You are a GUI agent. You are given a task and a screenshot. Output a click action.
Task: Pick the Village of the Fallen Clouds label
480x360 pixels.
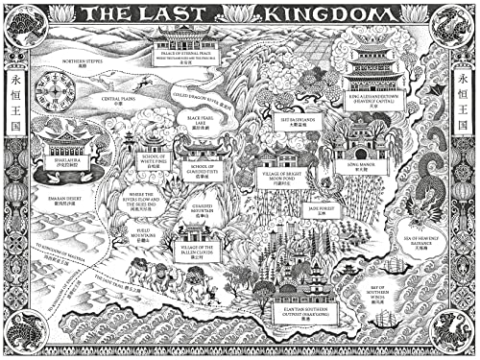tap(198, 252)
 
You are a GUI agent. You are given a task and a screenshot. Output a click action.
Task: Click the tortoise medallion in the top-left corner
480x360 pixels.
tap(23, 23)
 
